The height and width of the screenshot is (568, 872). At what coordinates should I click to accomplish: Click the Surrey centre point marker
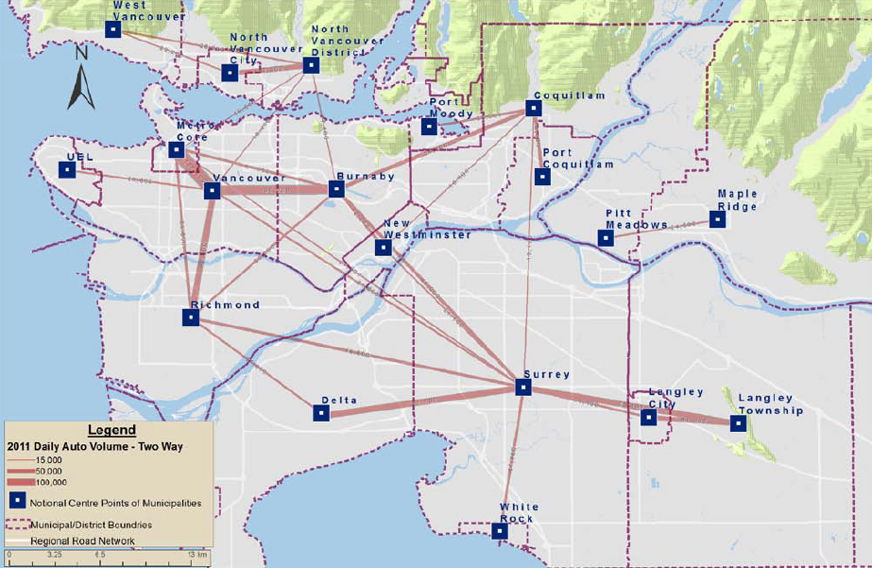point(523,387)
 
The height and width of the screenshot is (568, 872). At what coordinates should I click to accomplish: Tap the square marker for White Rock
point(501,531)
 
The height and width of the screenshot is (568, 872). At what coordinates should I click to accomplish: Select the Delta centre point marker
point(321,413)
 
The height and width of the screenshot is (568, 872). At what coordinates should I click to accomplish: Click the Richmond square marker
point(191,318)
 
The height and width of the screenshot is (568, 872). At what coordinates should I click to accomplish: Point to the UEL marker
point(67,170)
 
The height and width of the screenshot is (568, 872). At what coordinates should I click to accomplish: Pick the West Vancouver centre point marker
point(112,29)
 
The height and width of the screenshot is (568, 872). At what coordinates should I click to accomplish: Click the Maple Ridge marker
point(718,219)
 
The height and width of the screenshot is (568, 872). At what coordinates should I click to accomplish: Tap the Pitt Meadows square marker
point(606,238)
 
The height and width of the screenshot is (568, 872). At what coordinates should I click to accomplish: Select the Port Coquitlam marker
point(542,177)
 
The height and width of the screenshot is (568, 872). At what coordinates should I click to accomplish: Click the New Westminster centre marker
point(383,248)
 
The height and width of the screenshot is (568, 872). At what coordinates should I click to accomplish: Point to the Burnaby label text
point(366,177)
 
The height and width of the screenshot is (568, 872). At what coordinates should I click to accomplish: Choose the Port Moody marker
point(430,127)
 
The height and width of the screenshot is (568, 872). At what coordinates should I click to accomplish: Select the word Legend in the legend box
point(111,431)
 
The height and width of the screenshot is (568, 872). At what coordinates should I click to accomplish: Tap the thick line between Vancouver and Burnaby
point(274,190)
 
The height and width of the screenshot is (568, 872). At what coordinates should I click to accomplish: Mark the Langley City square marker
point(649,417)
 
